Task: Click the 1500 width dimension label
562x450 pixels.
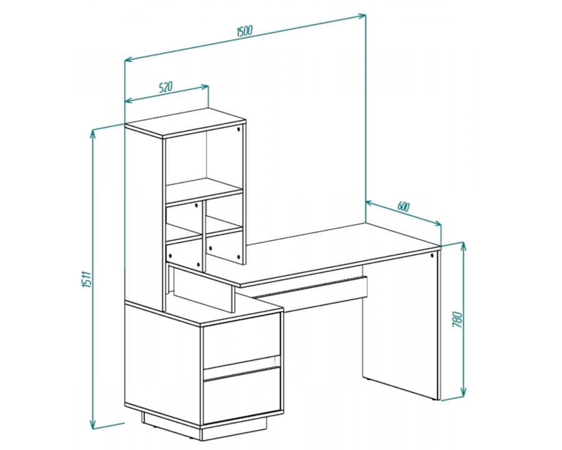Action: tap(245, 31)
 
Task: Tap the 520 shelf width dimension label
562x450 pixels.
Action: tap(165, 87)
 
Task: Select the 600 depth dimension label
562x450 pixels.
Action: tap(403, 207)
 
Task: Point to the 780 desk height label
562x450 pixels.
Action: tap(458, 319)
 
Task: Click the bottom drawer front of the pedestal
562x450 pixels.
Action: tap(242, 396)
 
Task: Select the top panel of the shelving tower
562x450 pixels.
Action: tap(185, 122)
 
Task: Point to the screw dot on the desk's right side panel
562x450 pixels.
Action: tap(433, 256)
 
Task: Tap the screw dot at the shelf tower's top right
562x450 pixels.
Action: tap(239, 129)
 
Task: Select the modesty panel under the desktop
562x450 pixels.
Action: tap(311, 292)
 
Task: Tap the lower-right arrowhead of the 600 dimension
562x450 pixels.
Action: tap(437, 224)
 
